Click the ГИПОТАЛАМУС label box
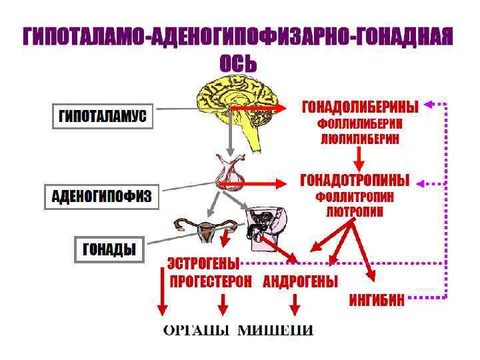tap(103, 117)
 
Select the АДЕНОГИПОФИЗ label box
tap(101, 197)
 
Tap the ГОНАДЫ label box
tap(108, 250)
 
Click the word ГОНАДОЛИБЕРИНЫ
tap(361, 107)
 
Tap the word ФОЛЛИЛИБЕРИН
tap(361, 125)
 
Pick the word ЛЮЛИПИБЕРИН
tap(361, 139)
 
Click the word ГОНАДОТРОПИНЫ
tap(355, 181)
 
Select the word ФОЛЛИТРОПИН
tap(355, 198)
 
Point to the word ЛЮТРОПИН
tap(355, 211)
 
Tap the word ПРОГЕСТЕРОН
tap(211, 281)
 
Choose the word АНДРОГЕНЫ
tap(300, 281)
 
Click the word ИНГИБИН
tap(377, 299)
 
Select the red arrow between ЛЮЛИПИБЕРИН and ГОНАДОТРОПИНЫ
tap(360, 159)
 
